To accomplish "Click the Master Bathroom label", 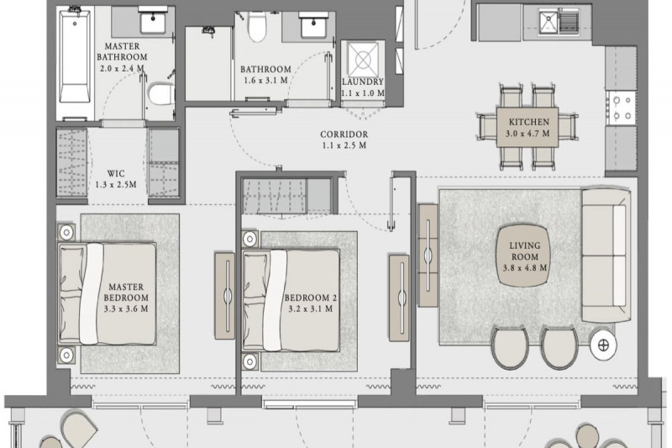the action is click(x=122, y=51).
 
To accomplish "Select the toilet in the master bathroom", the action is click(x=162, y=94).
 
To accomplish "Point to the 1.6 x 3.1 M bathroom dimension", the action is click(x=265, y=80).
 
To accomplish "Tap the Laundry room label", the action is click(x=363, y=82).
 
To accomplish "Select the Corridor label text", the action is click(x=344, y=134).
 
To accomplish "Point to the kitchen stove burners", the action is click(x=622, y=108).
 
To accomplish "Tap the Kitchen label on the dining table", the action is click(x=529, y=122).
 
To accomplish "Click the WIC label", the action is click(x=116, y=174).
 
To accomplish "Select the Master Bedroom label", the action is click(x=126, y=292).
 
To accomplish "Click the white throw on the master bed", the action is click(x=92, y=293).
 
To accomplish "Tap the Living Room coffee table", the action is click(x=524, y=255).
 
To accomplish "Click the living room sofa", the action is click(x=606, y=255).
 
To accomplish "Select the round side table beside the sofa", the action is click(x=603, y=345).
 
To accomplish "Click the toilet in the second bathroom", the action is click(x=257, y=26).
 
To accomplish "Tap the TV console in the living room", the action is click(x=428, y=255).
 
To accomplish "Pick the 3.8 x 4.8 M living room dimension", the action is click(x=524, y=268).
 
